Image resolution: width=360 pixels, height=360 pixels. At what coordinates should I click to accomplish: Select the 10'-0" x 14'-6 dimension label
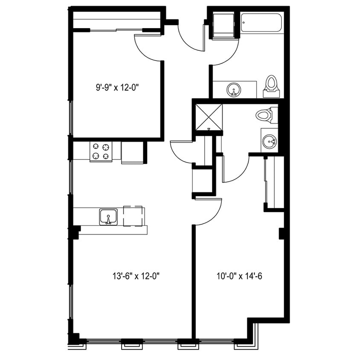point(239,276)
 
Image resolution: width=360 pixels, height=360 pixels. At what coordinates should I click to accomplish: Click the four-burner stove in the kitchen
point(101,151)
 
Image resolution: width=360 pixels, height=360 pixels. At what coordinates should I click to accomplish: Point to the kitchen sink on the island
point(108,217)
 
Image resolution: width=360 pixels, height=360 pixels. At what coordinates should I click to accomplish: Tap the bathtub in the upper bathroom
point(261,23)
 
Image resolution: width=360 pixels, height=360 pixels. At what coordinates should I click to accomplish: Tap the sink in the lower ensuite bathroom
point(269,141)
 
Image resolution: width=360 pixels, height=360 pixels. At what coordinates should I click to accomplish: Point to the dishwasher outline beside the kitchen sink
point(133,216)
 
